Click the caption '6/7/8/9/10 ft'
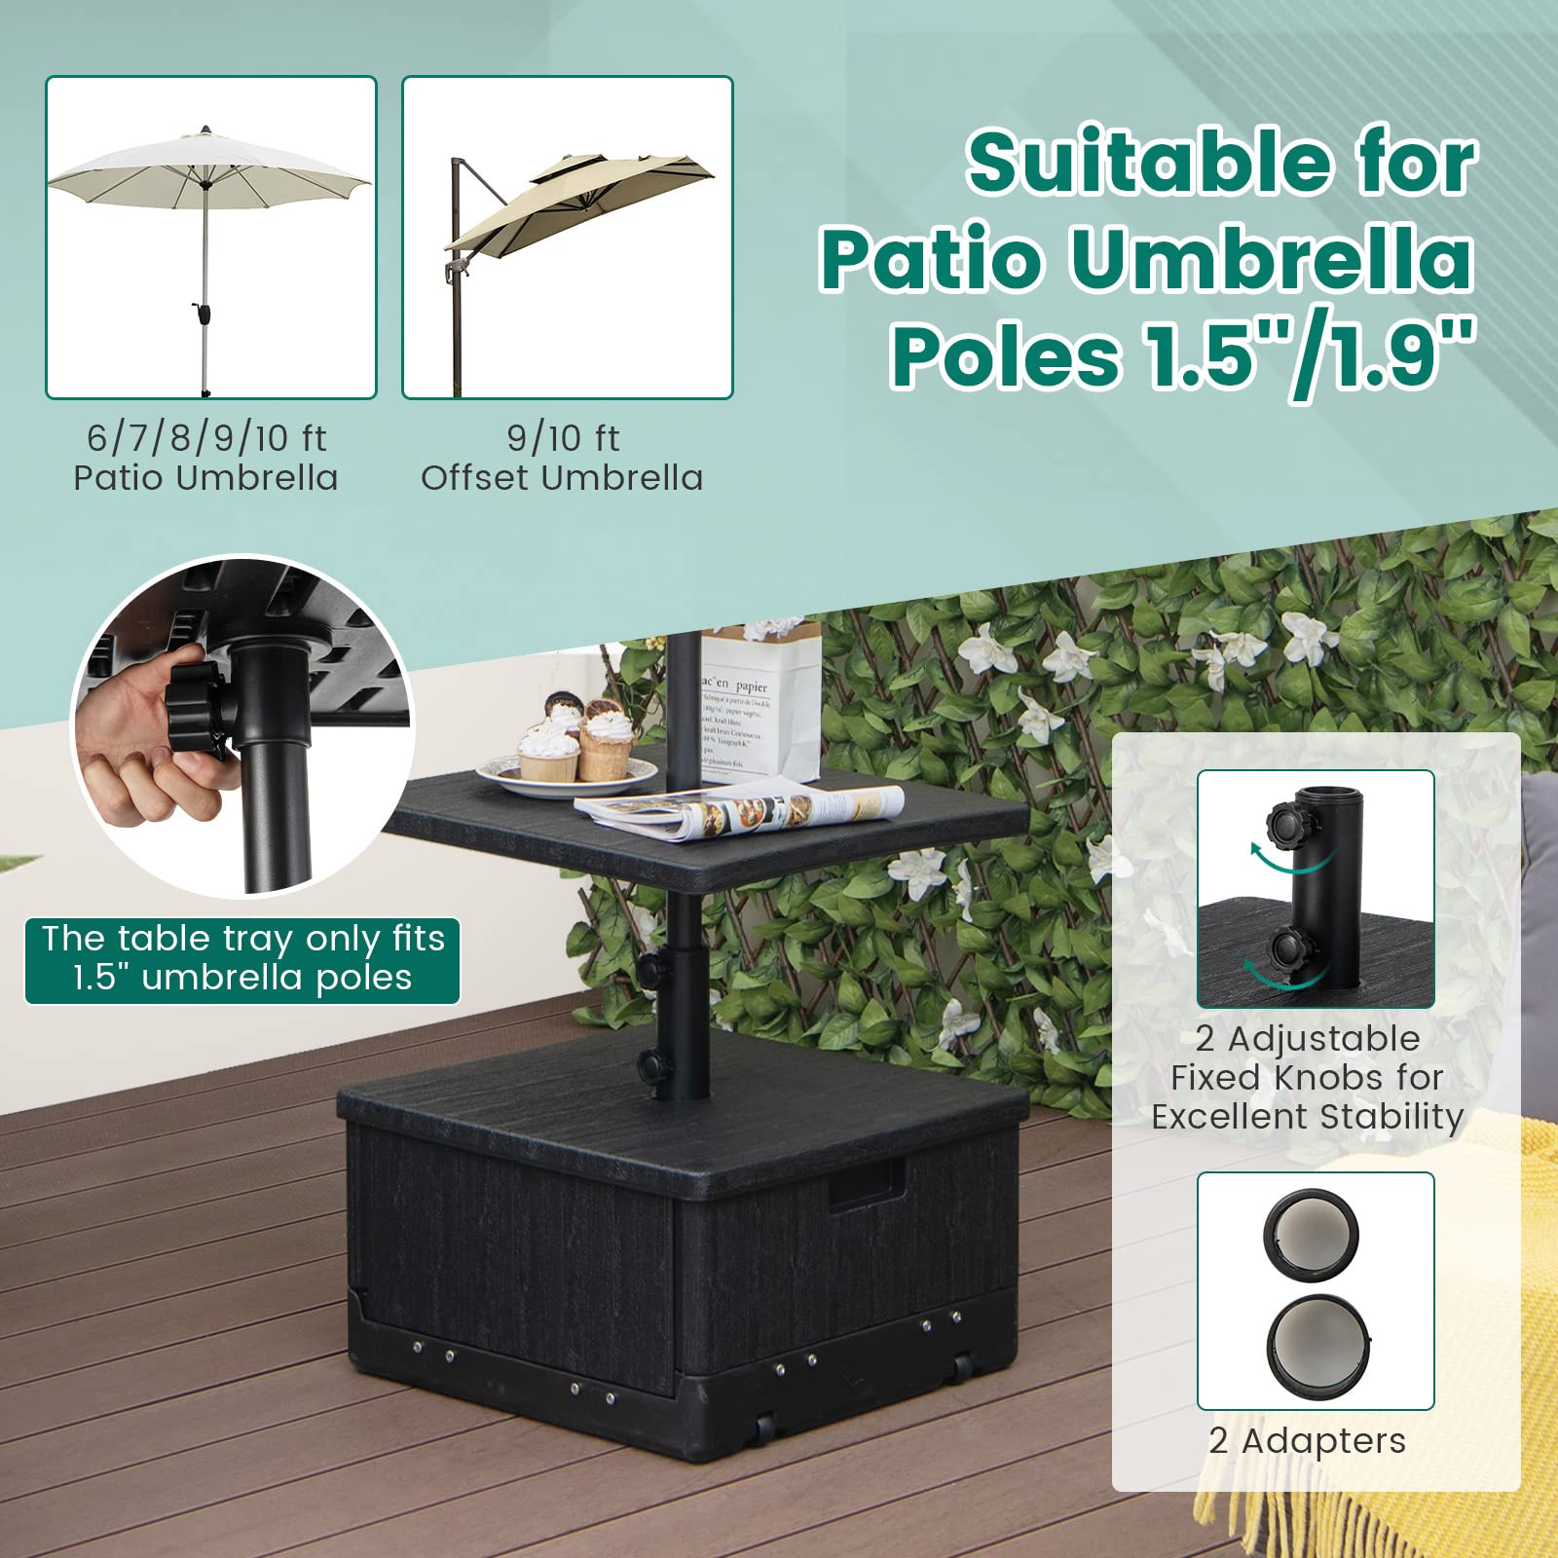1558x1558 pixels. click(206, 438)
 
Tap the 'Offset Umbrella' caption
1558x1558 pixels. click(562, 478)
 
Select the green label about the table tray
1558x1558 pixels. click(242, 959)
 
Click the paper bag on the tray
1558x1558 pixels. click(760, 701)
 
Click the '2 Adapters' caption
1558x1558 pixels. click(1307, 1440)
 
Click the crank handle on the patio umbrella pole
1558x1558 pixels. click(203, 313)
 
